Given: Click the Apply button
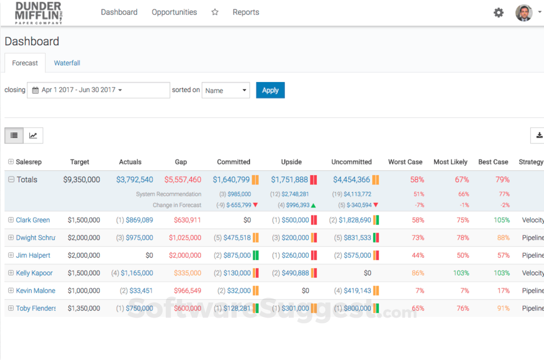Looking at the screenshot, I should [270, 90].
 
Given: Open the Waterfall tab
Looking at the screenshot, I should [67, 63].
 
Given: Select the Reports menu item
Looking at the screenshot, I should [246, 12].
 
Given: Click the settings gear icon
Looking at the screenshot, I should [498, 13].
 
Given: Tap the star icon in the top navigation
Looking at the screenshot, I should [215, 12].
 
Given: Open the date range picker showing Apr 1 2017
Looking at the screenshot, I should [99, 90].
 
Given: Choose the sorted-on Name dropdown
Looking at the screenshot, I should [226, 91].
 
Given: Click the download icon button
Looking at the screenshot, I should [539, 136].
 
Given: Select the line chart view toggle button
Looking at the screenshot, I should [33, 136].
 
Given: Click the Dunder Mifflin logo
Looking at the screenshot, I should [39, 12].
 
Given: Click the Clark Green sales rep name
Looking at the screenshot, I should [33, 220].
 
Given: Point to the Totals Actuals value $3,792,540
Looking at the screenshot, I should [135, 180].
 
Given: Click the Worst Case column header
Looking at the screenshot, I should [405, 162].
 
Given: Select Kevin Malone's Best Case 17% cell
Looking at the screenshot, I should [503, 291].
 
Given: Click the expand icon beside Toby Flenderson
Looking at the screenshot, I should [11, 308].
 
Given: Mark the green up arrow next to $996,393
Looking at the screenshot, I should [313, 205].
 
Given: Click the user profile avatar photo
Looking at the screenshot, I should [524, 13].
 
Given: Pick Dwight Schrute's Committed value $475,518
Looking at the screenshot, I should [237, 238].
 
